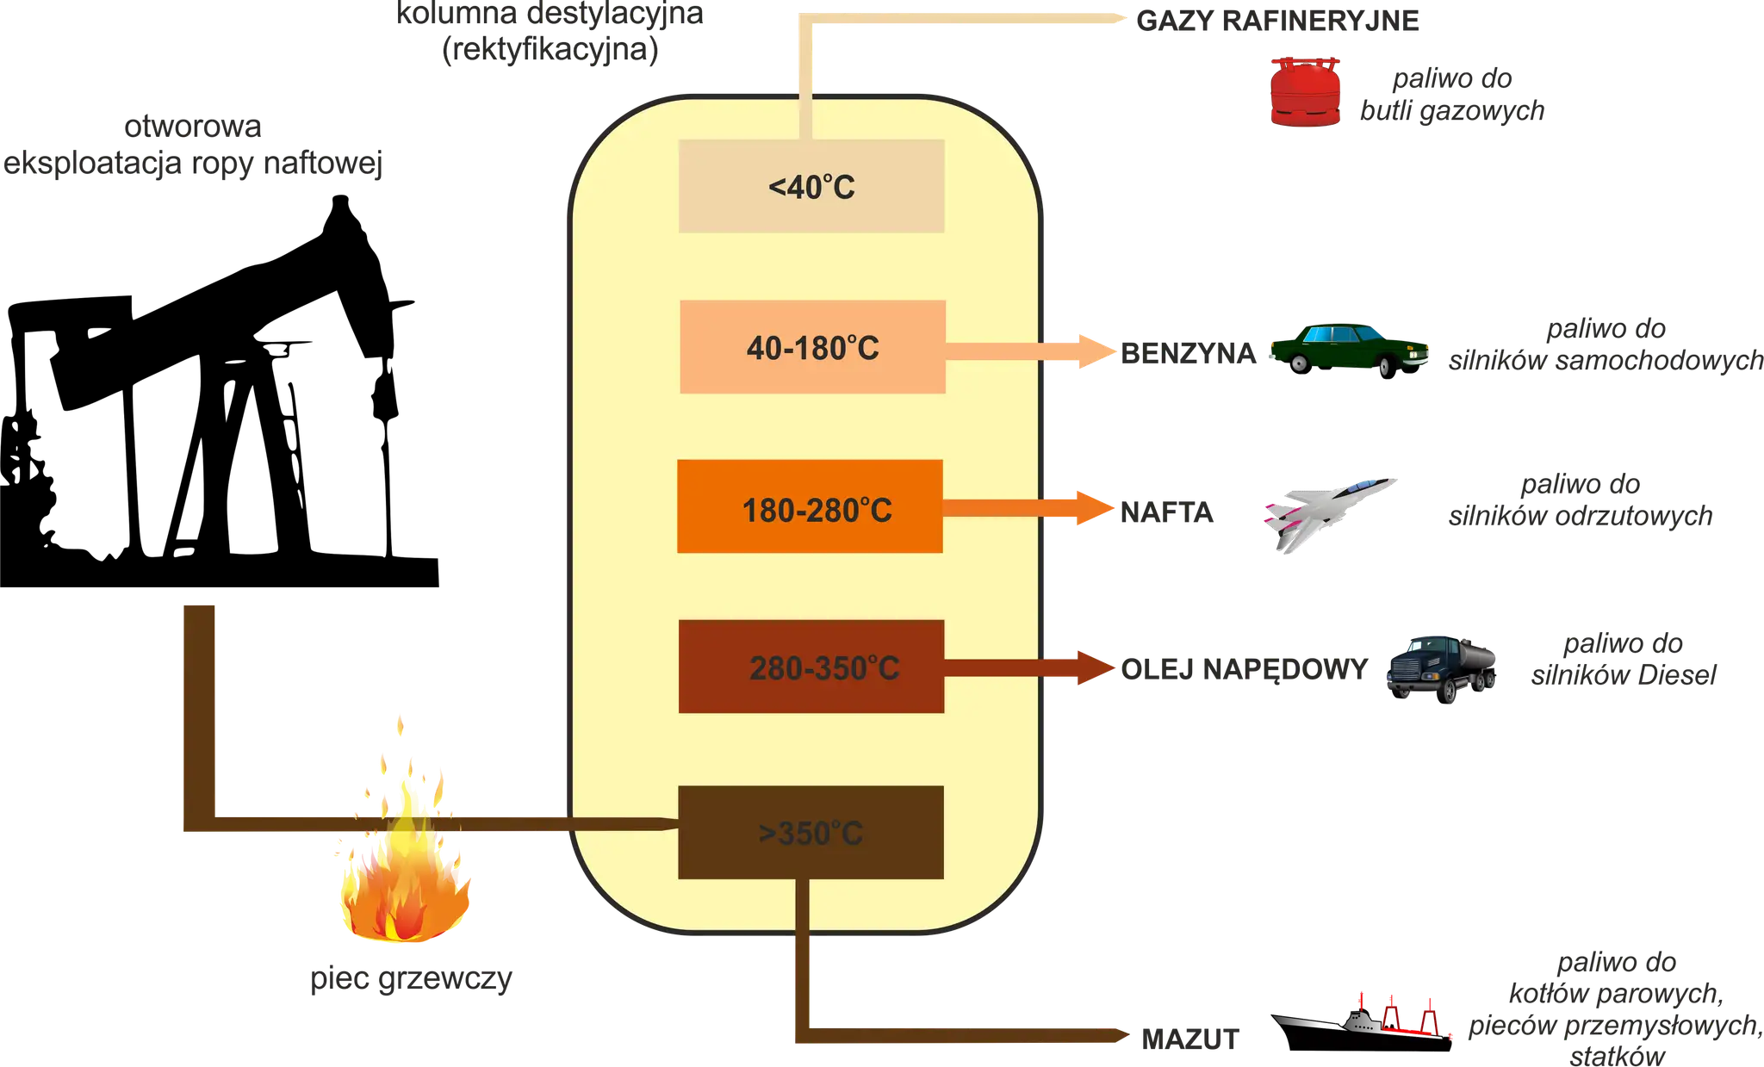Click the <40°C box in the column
[811, 186]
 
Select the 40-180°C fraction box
[812, 347]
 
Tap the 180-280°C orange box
[810, 506]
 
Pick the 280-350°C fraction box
[811, 667]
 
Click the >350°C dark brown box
[811, 832]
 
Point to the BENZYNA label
[1187, 352]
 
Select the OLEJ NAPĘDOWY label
[1244, 669]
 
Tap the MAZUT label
[1188, 1039]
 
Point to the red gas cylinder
[1305, 93]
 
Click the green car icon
[1351, 348]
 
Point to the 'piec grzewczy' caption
[412, 979]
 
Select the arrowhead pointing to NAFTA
[1092, 508]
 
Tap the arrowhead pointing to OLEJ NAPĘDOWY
[1094, 667]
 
